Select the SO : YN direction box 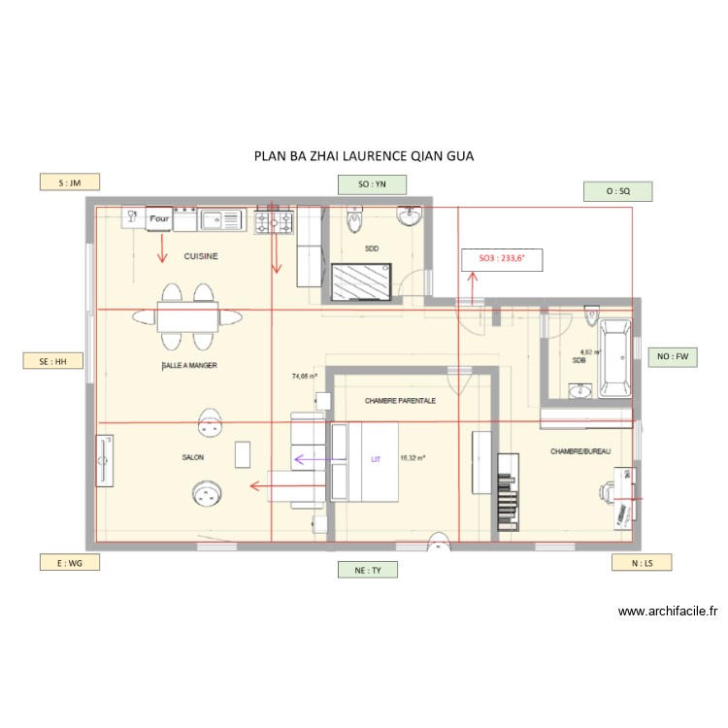371,184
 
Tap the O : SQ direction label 617,192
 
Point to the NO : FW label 672,357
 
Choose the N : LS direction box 642,563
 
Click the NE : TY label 368,571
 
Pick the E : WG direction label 69,562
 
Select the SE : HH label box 52,361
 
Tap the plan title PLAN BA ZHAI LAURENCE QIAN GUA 364,155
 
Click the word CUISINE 201,256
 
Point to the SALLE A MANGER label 189,366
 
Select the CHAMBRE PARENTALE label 400,400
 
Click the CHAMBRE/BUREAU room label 580,451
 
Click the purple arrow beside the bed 311,459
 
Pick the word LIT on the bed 376,459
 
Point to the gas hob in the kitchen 275,223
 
